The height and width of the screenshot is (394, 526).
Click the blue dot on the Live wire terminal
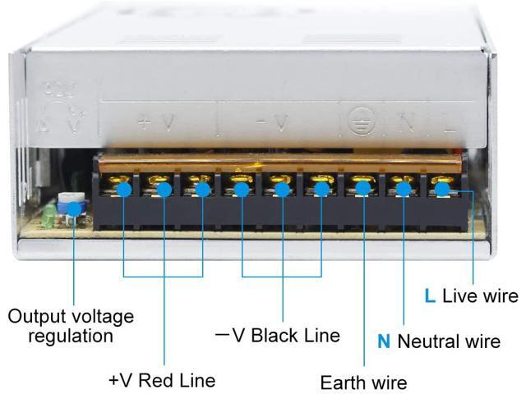[441, 189]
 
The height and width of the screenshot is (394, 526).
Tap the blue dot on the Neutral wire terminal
[404, 189]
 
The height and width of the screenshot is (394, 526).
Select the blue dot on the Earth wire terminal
[363, 189]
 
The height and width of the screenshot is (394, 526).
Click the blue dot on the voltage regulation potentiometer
[74, 208]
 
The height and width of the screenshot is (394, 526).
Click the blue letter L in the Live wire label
[429, 296]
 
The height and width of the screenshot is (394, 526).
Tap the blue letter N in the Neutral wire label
[384, 341]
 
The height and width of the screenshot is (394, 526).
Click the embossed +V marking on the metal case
[155, 123]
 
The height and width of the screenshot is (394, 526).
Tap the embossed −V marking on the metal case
[273, 124]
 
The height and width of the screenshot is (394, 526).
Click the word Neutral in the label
[426, 341]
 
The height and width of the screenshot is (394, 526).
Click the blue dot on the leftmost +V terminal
[123, 189]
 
